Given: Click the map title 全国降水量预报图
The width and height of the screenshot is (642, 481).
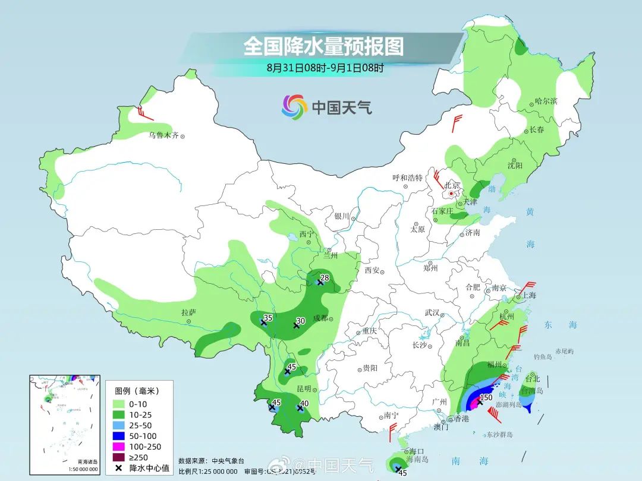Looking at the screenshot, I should click(x=323, y=46).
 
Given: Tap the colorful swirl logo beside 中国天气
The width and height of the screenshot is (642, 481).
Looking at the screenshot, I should click(x=294, y=107).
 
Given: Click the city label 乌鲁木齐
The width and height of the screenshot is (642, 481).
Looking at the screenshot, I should click(x=163, y=135).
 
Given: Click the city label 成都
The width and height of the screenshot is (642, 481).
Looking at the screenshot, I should click(x=320, y=318).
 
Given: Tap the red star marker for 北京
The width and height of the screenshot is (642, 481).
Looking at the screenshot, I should click(x=452, y=193).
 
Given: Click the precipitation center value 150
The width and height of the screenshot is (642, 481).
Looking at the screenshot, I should click(x=486, y=397).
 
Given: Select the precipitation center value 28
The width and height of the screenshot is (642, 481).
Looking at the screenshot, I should click(x=325, y=277).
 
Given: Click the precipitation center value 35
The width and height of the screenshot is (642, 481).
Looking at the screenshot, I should click(x=268, y=318).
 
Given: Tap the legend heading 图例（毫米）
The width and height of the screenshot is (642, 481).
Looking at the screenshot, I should click(x=137, y=391).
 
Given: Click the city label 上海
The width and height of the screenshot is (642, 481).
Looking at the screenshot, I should click(x=529, y=295).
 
